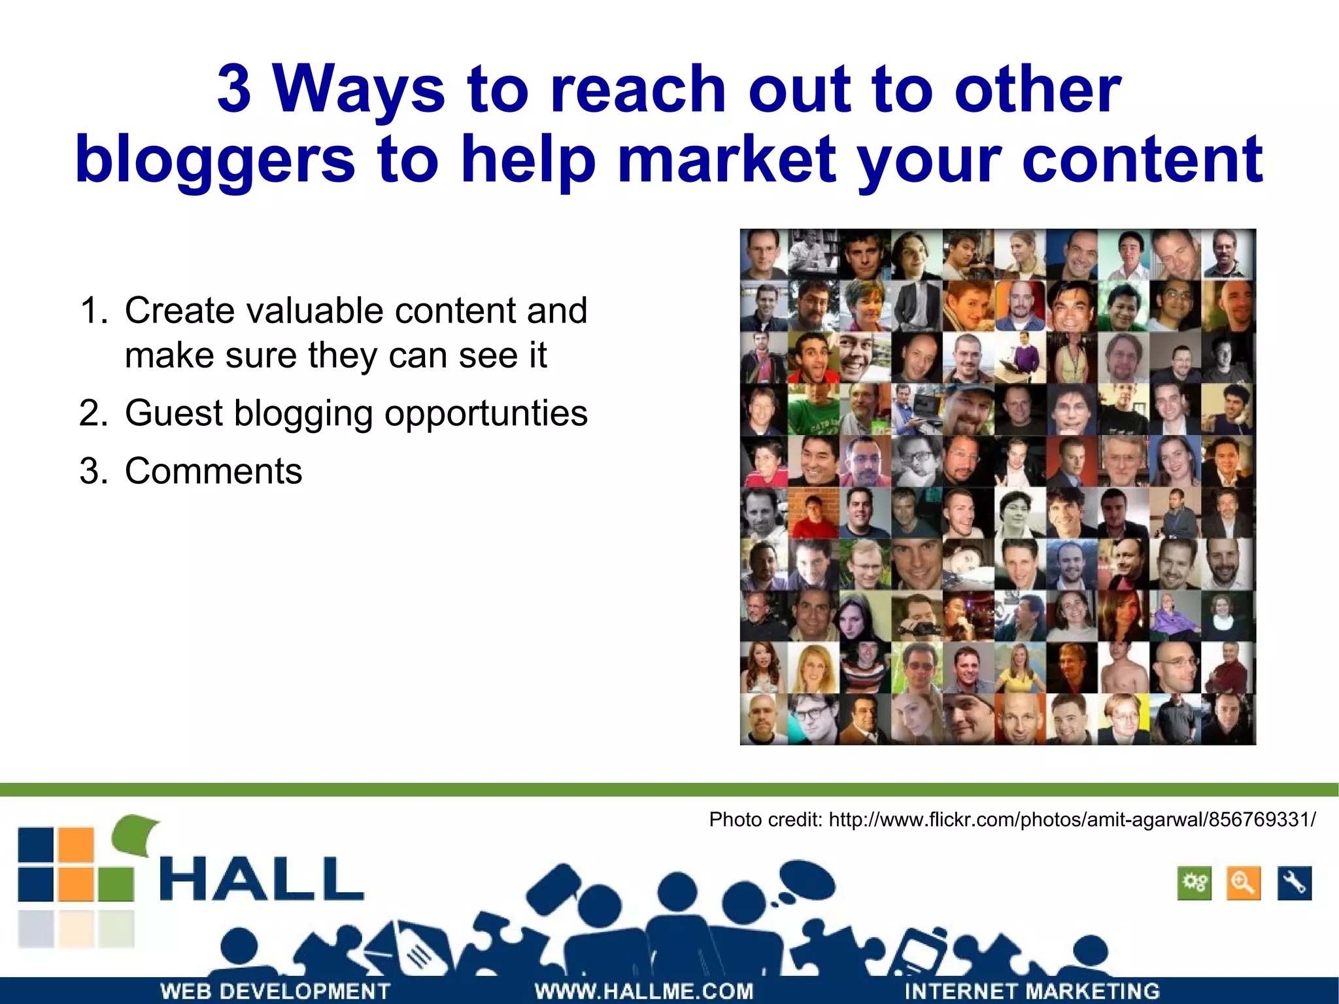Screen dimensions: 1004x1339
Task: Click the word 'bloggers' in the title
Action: [215, 159]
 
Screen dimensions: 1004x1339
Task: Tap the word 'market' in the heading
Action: [726, 159]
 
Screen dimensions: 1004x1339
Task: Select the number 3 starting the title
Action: [234, 89]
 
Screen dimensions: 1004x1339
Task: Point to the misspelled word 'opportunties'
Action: [486, 413]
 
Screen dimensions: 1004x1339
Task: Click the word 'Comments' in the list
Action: [213, 471]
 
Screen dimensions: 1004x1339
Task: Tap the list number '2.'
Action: [93, 413]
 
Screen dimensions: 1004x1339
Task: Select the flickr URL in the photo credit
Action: [1072, 819]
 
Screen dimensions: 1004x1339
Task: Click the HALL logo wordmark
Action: [261, 880]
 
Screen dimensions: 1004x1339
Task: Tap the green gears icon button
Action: [1194, 884]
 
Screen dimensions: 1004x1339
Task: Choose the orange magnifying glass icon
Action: [1243, 884]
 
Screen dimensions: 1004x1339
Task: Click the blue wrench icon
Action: [1294, 884]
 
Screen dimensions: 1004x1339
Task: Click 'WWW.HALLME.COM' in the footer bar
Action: [643, 991]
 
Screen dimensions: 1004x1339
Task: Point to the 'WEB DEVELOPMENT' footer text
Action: [275, 991]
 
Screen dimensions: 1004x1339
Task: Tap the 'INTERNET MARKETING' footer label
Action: [1032, 991]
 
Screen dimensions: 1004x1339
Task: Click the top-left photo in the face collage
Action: [764, 254]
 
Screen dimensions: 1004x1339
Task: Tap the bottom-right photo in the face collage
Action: [1230, 719]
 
